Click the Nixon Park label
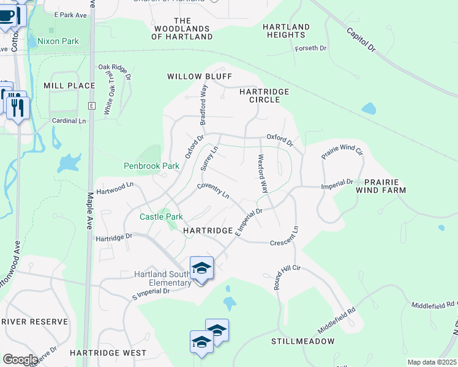click(x=58, y=41)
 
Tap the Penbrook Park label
click(x=151, y=166)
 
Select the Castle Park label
click(x=161, y=217)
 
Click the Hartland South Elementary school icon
click(x=201, y=268)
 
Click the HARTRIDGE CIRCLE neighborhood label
click(x=264, y=95)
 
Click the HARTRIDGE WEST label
click(x=108, y=353)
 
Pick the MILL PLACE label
click(x=69, y=86)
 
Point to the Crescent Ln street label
click(x=284, y=237)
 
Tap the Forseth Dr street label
click(x=310, y=48)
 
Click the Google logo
click(x=20, y=360)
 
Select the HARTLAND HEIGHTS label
click(x=286, y=31)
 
